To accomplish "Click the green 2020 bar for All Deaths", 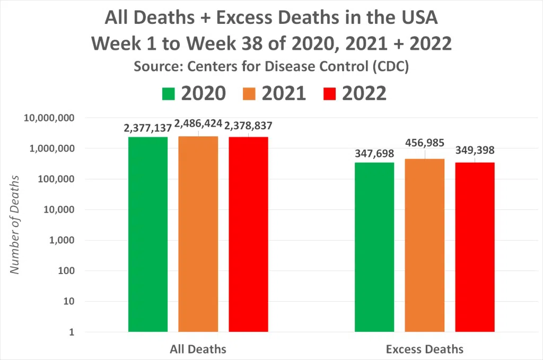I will coord(148,234).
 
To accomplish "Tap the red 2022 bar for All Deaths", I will coord(248,234).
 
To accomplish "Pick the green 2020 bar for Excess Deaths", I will coord(374,247).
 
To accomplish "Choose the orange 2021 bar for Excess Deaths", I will coord(424,245).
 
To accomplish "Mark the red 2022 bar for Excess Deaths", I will coord(475,247).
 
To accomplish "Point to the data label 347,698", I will coord(374,154).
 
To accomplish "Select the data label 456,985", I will coord(424,143).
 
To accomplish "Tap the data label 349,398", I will coord(475,151).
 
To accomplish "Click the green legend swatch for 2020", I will coord(168,94).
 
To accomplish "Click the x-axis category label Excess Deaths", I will coord(424,349).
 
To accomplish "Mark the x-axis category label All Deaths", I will coord(198,349).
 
